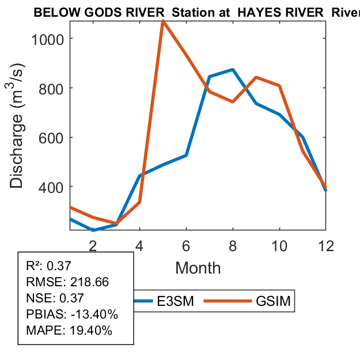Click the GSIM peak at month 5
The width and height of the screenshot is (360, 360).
[163, 21]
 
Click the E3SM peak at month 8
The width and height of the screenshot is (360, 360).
[233, 70]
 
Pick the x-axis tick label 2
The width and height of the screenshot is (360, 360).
[93, 245]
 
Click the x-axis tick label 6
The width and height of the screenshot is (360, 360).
[187, 245]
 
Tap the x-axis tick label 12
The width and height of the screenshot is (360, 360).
[326, 245]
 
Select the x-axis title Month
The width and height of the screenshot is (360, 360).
[198, 267]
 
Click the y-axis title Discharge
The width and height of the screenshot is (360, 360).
[17, 151]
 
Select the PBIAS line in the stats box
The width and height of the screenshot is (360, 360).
[72, 314]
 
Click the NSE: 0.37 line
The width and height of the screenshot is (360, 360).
[55, 298]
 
